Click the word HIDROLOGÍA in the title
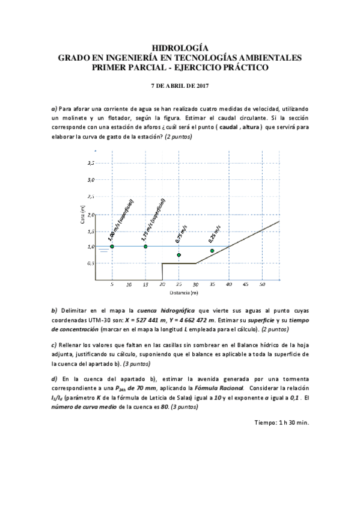coord(180,47)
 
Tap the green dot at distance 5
coord(112,247)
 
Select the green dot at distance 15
coord(145,247)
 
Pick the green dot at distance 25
coord(178,255)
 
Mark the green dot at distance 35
coord(212,251)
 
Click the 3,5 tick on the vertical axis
coord(91,163)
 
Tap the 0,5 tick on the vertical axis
coord(91,263)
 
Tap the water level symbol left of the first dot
coord(103,250)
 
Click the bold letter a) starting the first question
coord(55,108)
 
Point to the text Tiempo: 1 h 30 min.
coord(281,423)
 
